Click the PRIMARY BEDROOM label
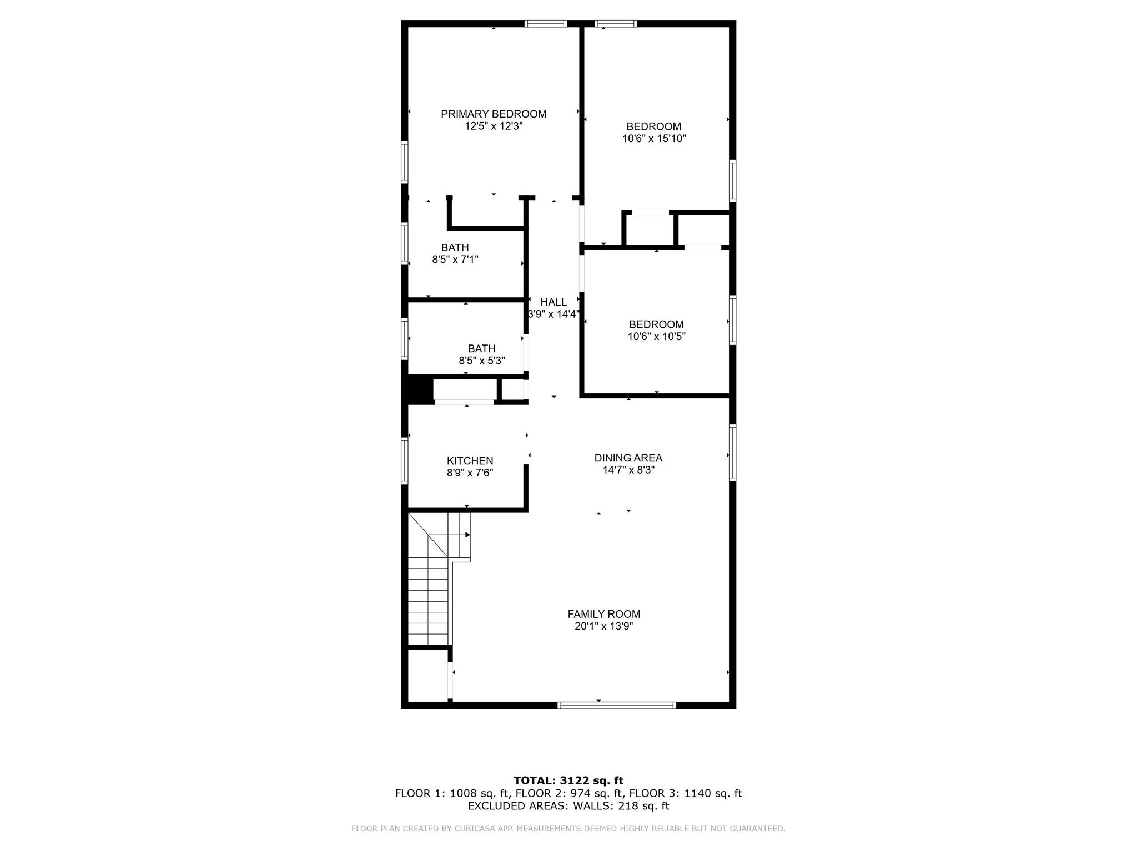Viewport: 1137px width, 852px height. pyautogui.click(x=493, y=114)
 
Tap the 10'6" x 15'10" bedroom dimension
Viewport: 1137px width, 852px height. pyautogui.click(x=654, y=139)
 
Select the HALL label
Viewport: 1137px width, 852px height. pyautogui.click(x=554, y=302)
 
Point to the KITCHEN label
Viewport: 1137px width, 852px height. pyautogui.click(x=470, y=461)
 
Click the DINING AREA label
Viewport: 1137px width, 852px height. pyautogui.click(x=628, y=458)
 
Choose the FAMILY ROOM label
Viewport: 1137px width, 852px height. pyautogui.click(x=603, y=614)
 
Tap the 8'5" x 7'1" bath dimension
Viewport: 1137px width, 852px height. pyautogui.click(x=455, y=260)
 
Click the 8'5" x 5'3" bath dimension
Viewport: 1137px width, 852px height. pyautogui.click(x=481, y=361)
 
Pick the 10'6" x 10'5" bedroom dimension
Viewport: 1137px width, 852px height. pyautogui.click(x=656, y=337)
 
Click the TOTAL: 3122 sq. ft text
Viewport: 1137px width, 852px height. pyautogui.click(x=568, y=781)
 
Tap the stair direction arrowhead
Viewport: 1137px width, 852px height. pyautogui.click(x=467, y=535)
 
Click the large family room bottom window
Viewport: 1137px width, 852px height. pyautogui.click(x=616, y=706)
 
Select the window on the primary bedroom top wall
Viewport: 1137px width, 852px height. pyautogui.click(x=545, y=24)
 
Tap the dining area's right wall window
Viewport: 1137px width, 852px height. pyautogui.click(x=732, y=452)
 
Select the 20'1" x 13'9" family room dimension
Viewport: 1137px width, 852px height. pyautogui.click(x=603, y=627)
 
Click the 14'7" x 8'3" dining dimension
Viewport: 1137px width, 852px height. pyautogui.click(x=628, y=470)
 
